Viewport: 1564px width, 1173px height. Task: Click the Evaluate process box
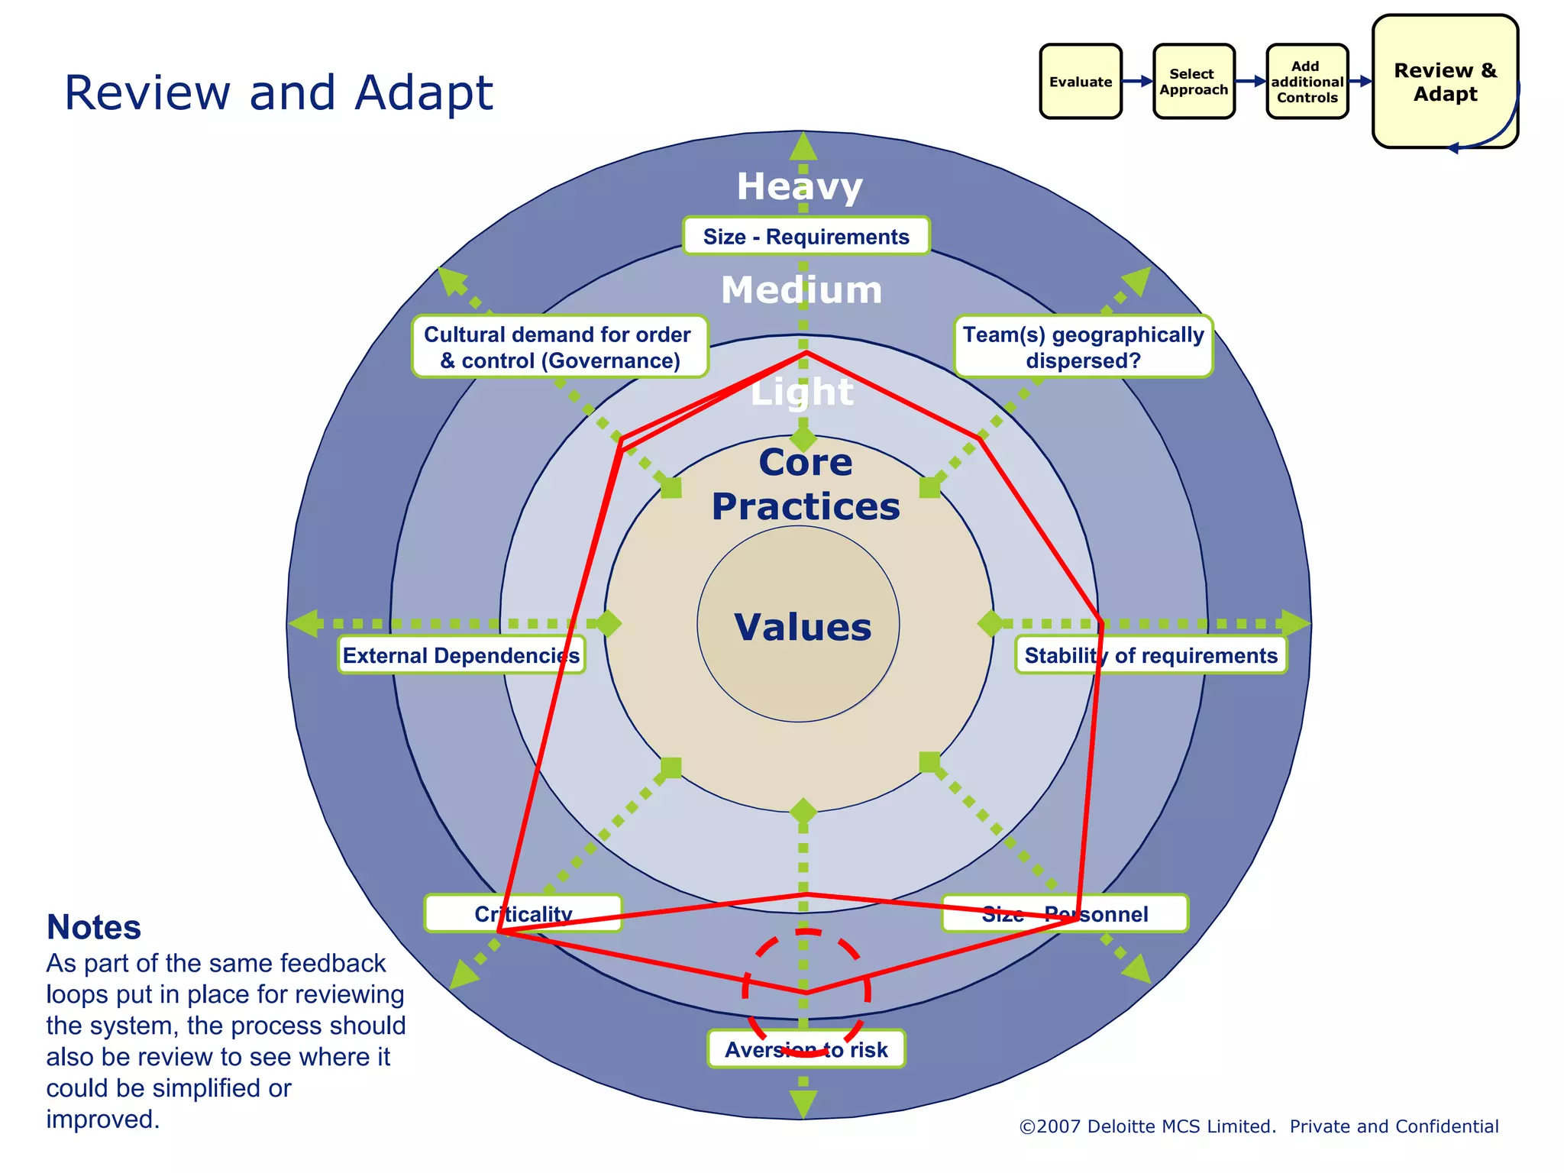(1080, 82)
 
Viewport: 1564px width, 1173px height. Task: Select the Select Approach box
(1193, 82)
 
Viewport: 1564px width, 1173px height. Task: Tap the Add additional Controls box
(1307, 82)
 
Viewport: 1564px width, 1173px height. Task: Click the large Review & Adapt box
(1444, 82)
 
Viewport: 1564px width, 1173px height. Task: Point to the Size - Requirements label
(806, 237)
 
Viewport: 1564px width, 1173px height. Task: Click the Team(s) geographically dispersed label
(1083, 347)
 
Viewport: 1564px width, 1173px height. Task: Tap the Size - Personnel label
(1065, 914)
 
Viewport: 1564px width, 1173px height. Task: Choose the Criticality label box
(523, 914)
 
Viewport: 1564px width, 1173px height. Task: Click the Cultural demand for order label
(559, 347)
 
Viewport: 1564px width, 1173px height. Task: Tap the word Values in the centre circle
(802, 627)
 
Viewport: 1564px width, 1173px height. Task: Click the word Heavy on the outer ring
(800, 186)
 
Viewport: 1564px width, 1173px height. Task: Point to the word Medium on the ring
(801, 290)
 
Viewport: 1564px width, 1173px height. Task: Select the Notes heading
(93, 927)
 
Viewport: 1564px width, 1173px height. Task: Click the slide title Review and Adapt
(278, 93)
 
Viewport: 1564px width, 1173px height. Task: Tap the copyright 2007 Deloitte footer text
(1258, 1126)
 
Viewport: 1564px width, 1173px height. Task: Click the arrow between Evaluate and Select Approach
(1137, 81)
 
